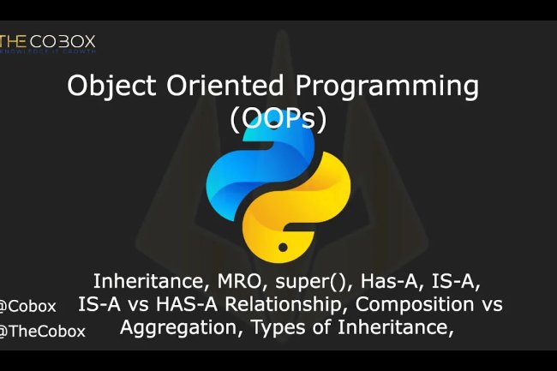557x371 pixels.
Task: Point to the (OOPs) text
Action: (x=278, y=119)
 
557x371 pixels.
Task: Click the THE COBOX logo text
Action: (x=49, y=41)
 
